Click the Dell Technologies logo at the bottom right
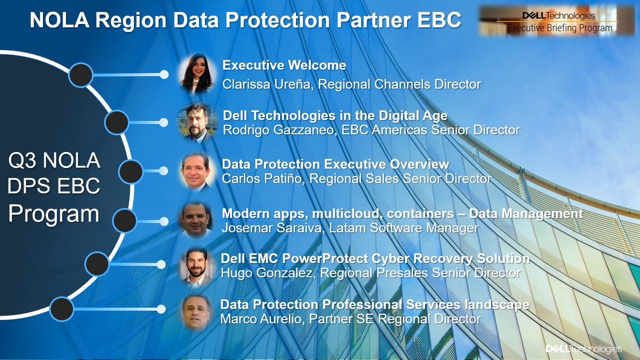click(583, 349)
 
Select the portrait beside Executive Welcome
click(197, 74)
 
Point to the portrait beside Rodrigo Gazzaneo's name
click(197, 122)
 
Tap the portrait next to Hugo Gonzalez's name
click(197, 266)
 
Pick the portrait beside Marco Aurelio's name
click(197, 312)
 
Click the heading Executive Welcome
click(284, 66)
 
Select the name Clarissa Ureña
click(265, 84)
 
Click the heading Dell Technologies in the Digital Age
click(335, 116)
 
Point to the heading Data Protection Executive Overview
click(335, 164)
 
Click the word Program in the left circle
click(54, 214)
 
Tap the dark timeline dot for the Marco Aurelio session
click(61, 308)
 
